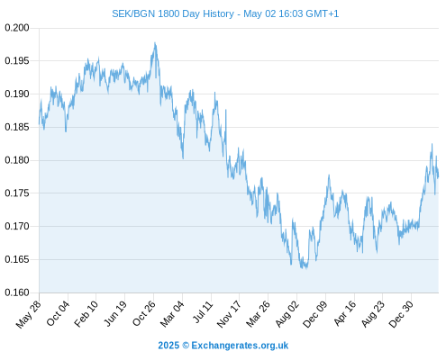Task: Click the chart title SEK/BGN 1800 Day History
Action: coord(173,13)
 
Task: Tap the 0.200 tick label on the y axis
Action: coord(17,28)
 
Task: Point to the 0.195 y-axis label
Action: coord(17,61)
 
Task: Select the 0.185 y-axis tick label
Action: coord(17,127)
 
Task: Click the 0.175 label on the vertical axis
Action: coord(17,193)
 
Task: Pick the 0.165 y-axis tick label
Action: coord(17,259)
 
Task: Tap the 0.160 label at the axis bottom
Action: coord(17,292)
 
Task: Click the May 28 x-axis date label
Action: coord(29,314)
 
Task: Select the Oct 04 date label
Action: coord(58,313)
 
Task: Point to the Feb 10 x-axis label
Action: coord(86,313)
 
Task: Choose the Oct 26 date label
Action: coord(144,313)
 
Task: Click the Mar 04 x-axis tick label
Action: coord(172,314)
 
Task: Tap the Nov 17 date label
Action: coord(229,314)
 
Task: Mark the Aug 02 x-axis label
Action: coord(287,313)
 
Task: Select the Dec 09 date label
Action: coord(315,314)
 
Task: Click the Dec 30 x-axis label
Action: coord(401,314)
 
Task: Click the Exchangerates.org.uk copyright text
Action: coord(240,346)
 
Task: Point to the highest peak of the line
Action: coord(155,43)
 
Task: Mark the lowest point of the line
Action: coord(306,268)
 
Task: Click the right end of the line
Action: coord(438,176)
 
